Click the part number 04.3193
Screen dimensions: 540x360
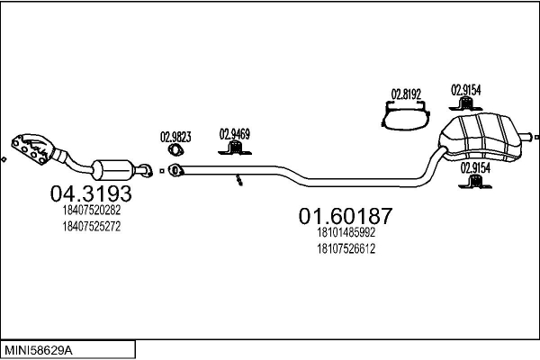(91, 193)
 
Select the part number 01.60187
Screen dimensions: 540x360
(346, 216)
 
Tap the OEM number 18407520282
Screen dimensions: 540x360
(92, 210)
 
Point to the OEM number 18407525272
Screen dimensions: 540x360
(92, 227)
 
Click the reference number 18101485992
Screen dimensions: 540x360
(346, 232)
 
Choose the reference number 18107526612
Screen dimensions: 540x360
(346, 248)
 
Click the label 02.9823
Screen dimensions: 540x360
(175, 137)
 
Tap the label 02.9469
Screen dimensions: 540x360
(235, 134)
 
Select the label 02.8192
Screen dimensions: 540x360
(407, 94)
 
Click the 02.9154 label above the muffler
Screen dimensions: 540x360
(466, 90)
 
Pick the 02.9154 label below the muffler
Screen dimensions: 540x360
(475, 168)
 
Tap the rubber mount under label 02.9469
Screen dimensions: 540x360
(235, 148)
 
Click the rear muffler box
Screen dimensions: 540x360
(481, 139)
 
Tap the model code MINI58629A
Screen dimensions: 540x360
(38, 351)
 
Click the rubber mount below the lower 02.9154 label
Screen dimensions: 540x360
(475, 182)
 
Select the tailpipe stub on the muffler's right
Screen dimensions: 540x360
(526, 137)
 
